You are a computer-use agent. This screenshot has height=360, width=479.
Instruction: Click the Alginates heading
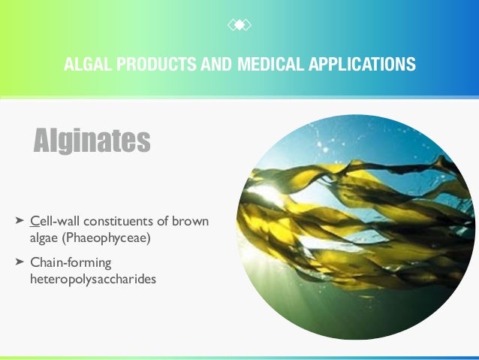[x=92, y=140]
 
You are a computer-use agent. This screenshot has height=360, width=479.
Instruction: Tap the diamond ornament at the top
[x=239, y=26]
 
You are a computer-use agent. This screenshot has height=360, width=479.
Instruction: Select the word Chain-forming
[x=70, y=262]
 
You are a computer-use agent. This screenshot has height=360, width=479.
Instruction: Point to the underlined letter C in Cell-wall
[x=34, y=222]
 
